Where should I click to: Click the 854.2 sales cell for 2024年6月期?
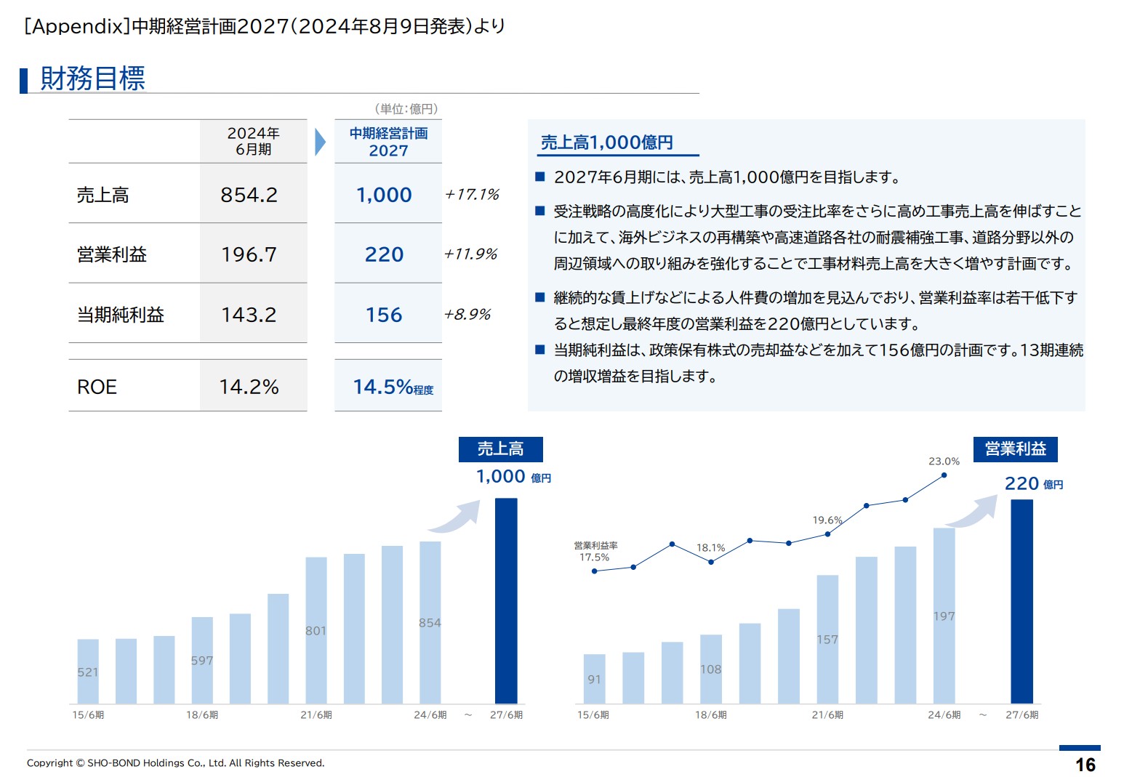(x=249, y=195)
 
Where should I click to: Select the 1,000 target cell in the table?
(x=384, y=195)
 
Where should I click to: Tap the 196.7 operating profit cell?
(x=249, y=254)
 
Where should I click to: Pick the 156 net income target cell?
(x=384, y=315)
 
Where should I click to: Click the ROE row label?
(x=97, y=387)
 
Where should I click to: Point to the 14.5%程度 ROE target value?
(x=393, y=387)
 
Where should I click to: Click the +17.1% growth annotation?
(x=472, y=195)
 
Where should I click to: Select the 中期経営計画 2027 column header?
(x=388, y=142)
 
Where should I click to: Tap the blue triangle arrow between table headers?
(x=320, y=142)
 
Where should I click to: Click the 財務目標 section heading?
(x=92, y=78)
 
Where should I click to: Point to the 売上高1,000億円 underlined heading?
(x=606, y=142)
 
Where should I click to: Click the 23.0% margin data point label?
(x=944, y=462)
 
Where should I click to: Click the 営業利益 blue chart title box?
(x=1015, y=449)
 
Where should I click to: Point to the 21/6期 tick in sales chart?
(x=316, y=715)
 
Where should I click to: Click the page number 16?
(x=1085, y=765)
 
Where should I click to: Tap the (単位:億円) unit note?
(x=406, y=109)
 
